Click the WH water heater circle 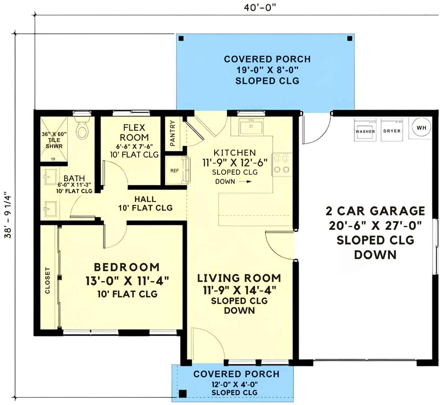[421, 128]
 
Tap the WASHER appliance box [365, 130]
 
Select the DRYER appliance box [392, 130]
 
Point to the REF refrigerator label [174, 171]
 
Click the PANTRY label [172, 133]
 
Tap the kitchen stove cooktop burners [282, 164]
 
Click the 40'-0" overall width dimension [259, 7]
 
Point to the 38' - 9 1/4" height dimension [8, 215]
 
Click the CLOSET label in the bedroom [47, 280]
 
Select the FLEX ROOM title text [134, 133]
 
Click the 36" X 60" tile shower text [54, 134]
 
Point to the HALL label [145, 199]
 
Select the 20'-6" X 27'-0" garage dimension [375, 226]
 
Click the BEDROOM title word [127, 267]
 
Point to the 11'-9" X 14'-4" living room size [239, 290]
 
